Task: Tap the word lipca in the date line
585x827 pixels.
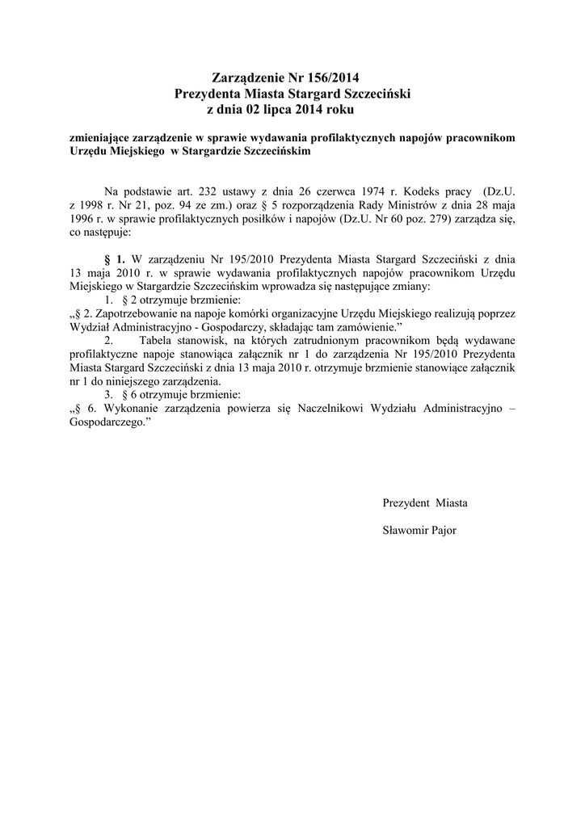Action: (271, 107)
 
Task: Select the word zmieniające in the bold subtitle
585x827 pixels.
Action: (99, 138)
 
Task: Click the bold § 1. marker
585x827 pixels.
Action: (116, 259)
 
